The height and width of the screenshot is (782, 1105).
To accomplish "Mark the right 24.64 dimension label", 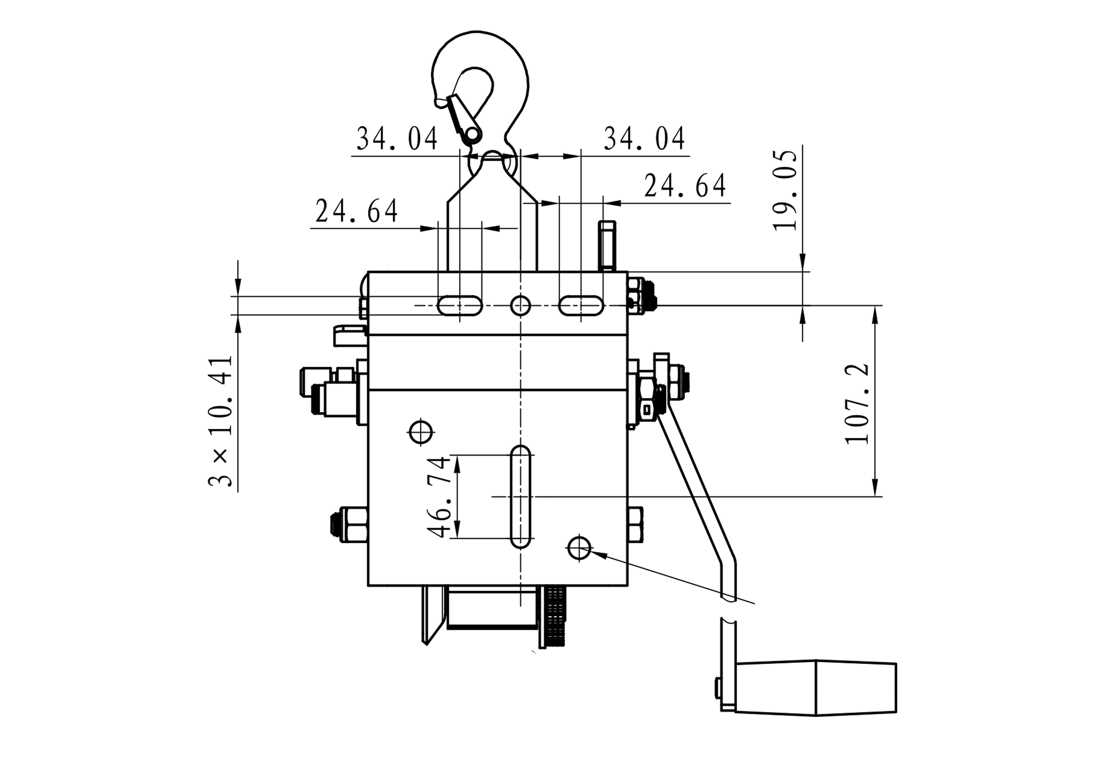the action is [685, 186].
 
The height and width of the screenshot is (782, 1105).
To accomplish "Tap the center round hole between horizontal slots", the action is [520, 305].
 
